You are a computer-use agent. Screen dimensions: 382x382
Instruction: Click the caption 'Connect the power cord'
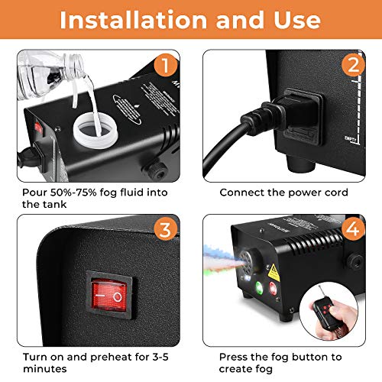(x=283, y=193)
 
